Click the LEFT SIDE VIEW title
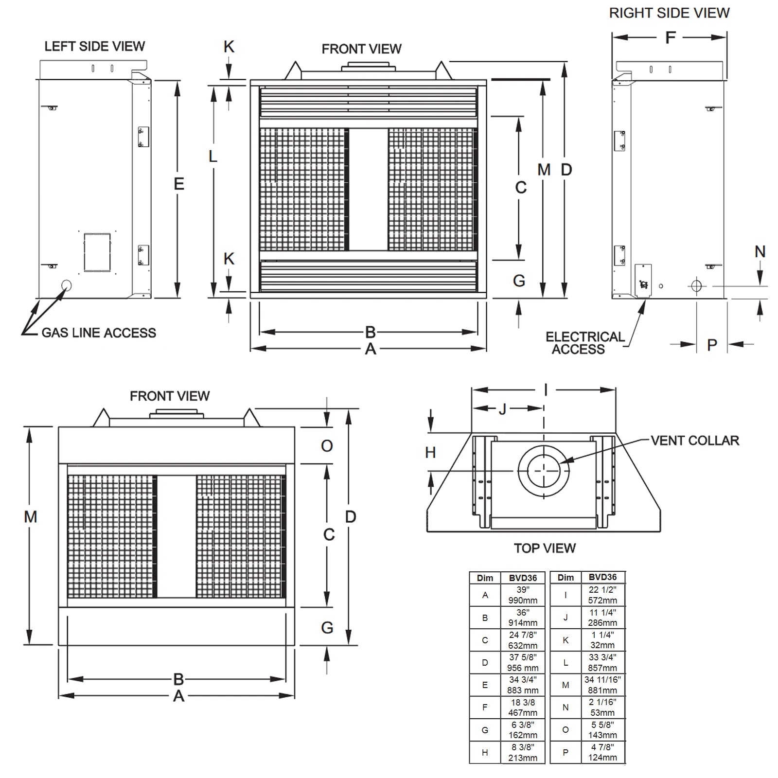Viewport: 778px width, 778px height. [x=94, y=46]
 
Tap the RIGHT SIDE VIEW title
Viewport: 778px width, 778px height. [x=669, y=13]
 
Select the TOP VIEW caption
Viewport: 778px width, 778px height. [x=545, y=548]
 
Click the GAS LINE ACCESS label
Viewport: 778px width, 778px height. [x=99, y=333]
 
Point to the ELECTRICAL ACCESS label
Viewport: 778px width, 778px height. [x=584, y=343]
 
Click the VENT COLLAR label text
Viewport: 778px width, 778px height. [x=694, y=441]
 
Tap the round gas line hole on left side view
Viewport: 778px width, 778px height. [x=66, y=285]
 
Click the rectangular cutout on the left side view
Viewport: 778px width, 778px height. [x=97, y=252]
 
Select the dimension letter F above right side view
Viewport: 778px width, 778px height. [x=670, y=37]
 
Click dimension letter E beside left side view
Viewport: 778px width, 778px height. [x=179, y=184]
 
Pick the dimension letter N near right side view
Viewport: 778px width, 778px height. [x=760, y=252]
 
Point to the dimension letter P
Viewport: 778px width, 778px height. [x=712, y=345]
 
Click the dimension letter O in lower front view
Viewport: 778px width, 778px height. [x=327, y=446]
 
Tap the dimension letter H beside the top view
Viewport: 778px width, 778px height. [x=430, y=453]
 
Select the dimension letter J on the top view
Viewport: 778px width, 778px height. [x=502, y=409]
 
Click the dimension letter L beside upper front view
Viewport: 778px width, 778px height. [x=213, y=157]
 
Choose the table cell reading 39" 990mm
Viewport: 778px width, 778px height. [x=523, y=595]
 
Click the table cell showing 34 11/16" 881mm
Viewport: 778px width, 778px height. [x=602, y=685]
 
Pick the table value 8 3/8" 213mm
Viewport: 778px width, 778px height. [x=523, y=752]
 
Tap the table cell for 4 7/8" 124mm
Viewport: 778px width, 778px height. [x=602, y=752]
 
